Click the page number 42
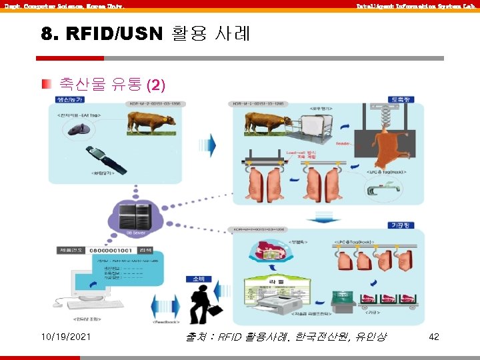(x=433, y=337)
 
